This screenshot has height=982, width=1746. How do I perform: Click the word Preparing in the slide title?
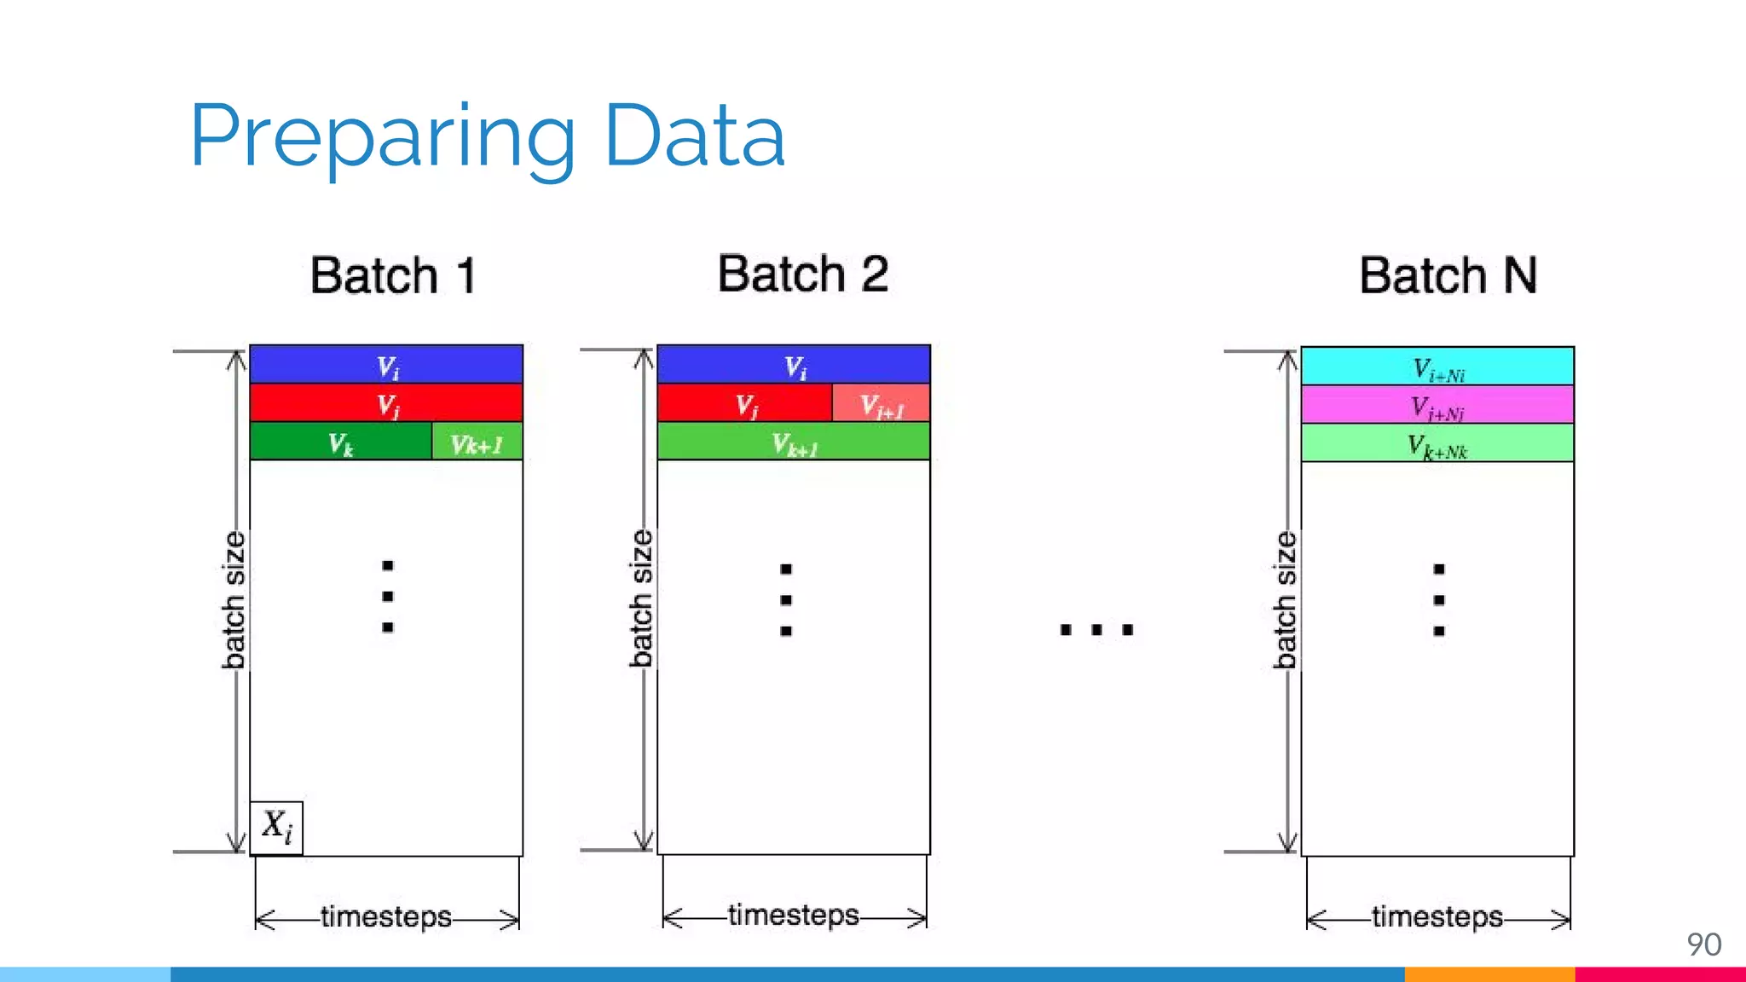coord(382,136)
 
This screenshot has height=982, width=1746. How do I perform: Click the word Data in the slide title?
coord(694,136)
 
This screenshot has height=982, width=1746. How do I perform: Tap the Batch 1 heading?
coord(393,275)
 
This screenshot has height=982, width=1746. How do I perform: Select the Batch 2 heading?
coord(802,274)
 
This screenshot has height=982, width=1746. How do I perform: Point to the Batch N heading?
coord(1448,275)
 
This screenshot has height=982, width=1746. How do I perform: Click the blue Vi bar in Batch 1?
coord(386,365)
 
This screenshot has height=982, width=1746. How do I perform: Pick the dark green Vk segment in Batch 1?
coord(340,442)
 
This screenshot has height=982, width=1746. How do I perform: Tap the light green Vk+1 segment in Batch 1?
coord(477,442)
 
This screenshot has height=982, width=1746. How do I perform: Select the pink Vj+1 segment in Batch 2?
coord(881,403)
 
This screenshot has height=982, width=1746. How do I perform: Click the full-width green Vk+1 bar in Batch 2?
coord(793,442)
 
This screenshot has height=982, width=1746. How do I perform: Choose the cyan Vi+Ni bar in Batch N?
coord(1437,367)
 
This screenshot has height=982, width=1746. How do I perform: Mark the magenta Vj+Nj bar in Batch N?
coord(1437,405)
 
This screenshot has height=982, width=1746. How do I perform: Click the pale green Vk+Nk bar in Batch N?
coord(1437,443)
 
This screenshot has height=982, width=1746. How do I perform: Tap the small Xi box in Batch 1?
coord(276,827)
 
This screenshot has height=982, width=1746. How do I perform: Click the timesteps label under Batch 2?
coord(793,915)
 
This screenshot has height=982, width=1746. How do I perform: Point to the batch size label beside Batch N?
coord(1285,600)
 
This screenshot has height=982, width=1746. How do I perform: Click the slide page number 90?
coord(1703,944)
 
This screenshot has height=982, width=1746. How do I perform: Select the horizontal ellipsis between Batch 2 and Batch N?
coord(1096,630)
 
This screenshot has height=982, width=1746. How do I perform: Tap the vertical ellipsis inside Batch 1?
coord(388,596)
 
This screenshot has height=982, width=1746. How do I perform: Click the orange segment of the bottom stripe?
coord(1489,974)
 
